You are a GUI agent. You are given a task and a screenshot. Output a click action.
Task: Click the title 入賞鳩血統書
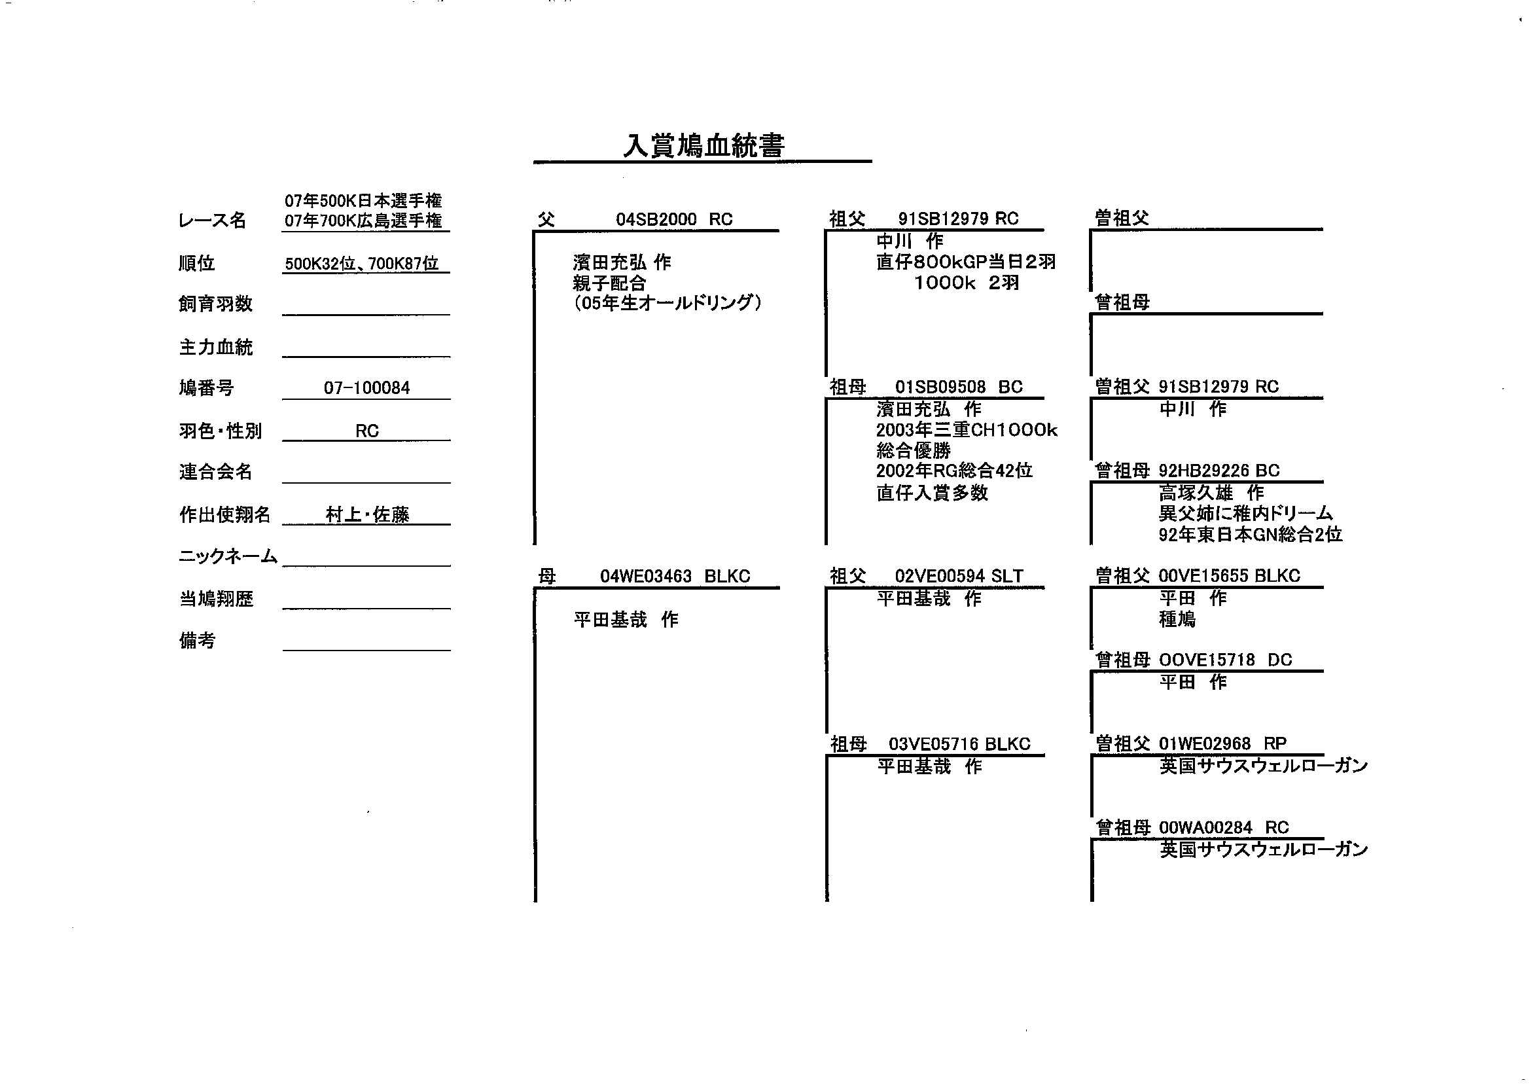pos(703,145)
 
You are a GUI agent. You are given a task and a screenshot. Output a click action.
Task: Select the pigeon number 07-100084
pos(366,387)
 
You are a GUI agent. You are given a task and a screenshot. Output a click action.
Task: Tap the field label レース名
pos(212,221)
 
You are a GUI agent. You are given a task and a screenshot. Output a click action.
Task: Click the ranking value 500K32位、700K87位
pos(362,264)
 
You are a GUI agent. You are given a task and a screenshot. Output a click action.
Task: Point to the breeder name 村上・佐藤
pos(367,514)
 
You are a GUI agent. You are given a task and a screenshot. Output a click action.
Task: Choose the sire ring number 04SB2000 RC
pos(674,219)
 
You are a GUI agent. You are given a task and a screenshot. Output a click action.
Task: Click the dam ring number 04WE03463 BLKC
pos(675,576)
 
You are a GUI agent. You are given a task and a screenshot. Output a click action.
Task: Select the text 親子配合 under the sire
pos(609,283)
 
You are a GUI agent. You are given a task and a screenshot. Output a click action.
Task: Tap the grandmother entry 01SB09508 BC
pos(959,387)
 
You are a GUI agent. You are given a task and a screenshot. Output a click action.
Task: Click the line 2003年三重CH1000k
pos(967,430)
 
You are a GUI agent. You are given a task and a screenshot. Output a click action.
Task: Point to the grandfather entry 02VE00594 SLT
pos(959,576)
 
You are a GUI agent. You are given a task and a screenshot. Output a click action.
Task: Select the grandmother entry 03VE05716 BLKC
pos(959,743)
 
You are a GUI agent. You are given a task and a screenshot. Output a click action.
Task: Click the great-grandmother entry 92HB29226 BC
pos(1219,471)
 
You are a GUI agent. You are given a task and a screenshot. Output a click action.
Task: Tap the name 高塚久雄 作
pos(1211,493)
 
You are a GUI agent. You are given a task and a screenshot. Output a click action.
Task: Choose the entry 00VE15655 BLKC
pos(1230,575)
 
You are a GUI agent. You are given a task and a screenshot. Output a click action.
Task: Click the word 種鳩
pos(1177,619)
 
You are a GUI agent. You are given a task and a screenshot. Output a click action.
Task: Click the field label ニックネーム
pos(228,556)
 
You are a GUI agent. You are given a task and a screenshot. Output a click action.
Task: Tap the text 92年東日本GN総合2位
pos(1251,535)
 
